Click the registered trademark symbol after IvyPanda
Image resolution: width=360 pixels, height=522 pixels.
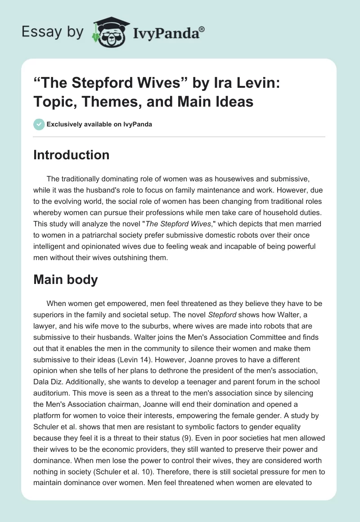pyautogui.click(x=202, y=30)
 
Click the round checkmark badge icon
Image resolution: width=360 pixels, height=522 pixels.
pyautogui.click(x=39, y=124)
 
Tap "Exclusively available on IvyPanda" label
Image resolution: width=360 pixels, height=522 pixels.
pyautogui.click(x=99, y=124)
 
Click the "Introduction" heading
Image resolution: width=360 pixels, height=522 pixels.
pyautogui.click(x=72, y=155)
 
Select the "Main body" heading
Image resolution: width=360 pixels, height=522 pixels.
pyautogui.click(x=66, y=279)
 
